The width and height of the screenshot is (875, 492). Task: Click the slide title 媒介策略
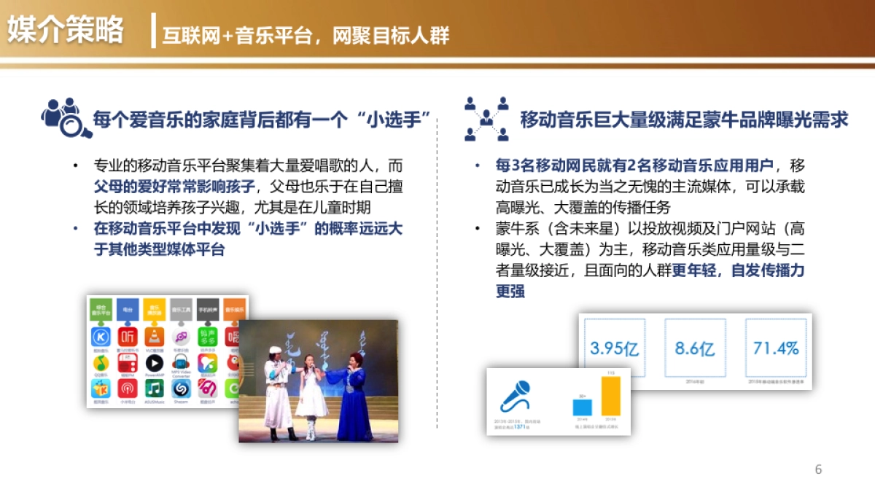point(66,31)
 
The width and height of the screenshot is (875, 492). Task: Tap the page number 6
point(818,469)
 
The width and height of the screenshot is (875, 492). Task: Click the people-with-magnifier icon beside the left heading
point(66,117)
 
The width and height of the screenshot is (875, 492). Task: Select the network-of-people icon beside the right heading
point(486,118)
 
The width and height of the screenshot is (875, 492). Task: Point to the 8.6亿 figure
point(694,348)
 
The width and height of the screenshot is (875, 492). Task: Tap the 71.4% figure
point(776,348)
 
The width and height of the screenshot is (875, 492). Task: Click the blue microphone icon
point(515,397)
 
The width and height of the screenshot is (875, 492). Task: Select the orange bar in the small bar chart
point(610,395)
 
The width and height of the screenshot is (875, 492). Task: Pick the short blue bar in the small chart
point(582,407)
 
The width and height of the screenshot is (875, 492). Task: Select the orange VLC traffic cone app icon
point(154,336)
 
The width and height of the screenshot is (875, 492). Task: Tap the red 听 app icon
point(128,336)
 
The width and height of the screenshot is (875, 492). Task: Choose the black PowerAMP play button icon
point(154,362)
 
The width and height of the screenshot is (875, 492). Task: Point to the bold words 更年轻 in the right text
point(694,270)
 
